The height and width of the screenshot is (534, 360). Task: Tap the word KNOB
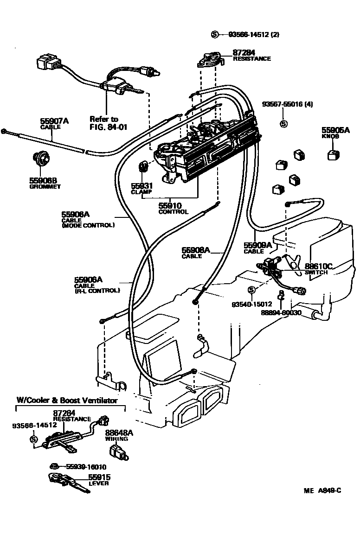click(x=330, y=137)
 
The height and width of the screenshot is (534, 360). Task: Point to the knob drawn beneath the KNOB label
click(x=333, y=155)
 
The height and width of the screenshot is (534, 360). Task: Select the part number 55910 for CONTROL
click(x=170, y=205)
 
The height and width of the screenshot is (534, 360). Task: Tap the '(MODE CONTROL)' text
click(x=88, y=225)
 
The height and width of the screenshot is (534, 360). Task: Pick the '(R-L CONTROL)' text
click(x=96, y=291)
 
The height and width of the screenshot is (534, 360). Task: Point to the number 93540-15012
click(x=251, y=304)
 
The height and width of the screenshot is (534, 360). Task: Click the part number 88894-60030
click(x=281, y=312)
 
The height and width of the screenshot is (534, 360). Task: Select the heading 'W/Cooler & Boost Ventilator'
click(x=67, y=400)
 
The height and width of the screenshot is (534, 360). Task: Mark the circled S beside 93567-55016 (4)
click(x=284, y=124)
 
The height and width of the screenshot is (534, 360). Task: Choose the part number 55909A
click(x=257, y=245)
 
